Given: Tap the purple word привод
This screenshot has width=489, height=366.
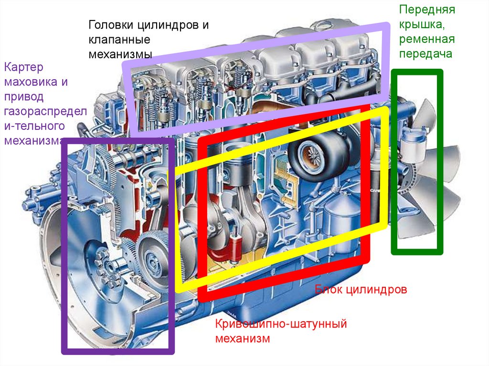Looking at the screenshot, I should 24,97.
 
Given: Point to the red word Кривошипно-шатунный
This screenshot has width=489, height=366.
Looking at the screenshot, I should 280,324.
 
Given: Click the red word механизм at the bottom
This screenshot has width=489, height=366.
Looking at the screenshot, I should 243,339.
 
